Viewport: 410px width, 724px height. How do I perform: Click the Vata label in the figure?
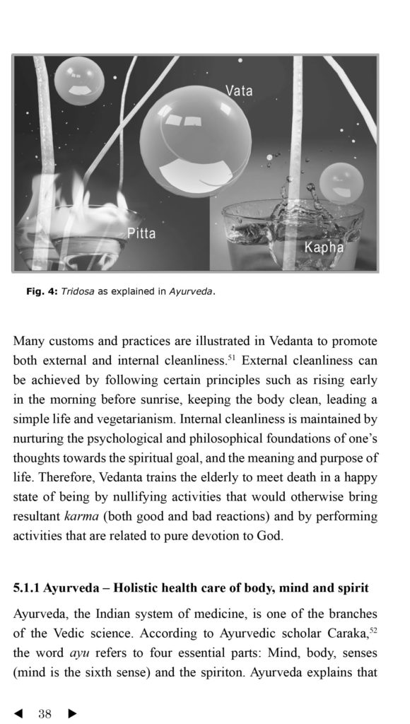coord(238,90)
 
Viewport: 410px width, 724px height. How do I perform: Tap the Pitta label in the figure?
coord(141,233)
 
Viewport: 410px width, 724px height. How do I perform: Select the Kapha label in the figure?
coord(324,247)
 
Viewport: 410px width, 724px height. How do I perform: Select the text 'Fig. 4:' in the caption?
coord(41,291)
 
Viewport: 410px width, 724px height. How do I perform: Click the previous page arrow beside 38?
coord(18,714)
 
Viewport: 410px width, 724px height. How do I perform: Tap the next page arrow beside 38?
coord(71,714)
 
